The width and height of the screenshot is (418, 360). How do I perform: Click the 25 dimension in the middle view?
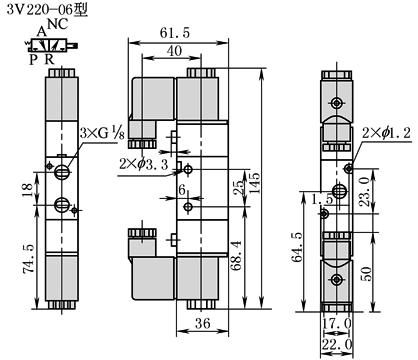[237, 187]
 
